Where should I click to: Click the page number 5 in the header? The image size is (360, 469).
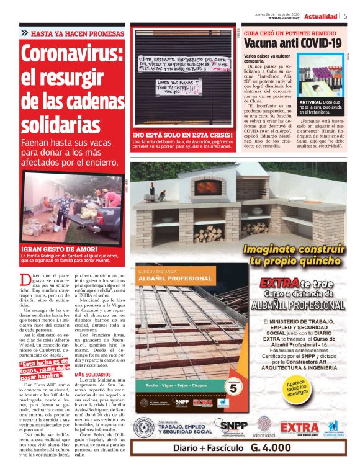[345, 16]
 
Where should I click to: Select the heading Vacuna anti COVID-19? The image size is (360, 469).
[292, 43]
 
